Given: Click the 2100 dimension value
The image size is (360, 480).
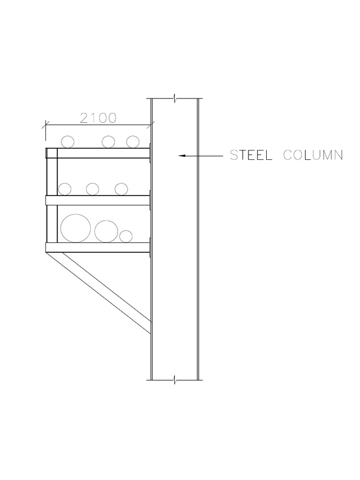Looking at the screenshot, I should point(98,118).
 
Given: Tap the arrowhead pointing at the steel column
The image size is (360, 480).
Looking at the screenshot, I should point(182,155).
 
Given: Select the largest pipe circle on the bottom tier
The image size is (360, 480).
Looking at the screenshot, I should point(76,228).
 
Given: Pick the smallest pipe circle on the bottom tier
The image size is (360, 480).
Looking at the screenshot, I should point(126,236).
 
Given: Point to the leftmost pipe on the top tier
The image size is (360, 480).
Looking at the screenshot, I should point(67,142).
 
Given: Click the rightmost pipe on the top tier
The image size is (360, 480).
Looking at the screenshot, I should point(133,142).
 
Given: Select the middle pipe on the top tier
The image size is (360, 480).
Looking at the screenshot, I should point(109,142).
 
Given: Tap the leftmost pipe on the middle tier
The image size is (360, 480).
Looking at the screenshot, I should point(64,189).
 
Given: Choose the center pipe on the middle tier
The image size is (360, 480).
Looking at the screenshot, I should point(92,189).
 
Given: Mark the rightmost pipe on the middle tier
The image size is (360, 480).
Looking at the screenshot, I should point(121,189).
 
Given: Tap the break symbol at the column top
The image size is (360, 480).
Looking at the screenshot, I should point(175,99).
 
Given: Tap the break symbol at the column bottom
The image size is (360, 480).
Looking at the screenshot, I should point(175,379).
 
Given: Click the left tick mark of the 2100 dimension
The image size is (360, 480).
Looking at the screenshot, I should point(45,125).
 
